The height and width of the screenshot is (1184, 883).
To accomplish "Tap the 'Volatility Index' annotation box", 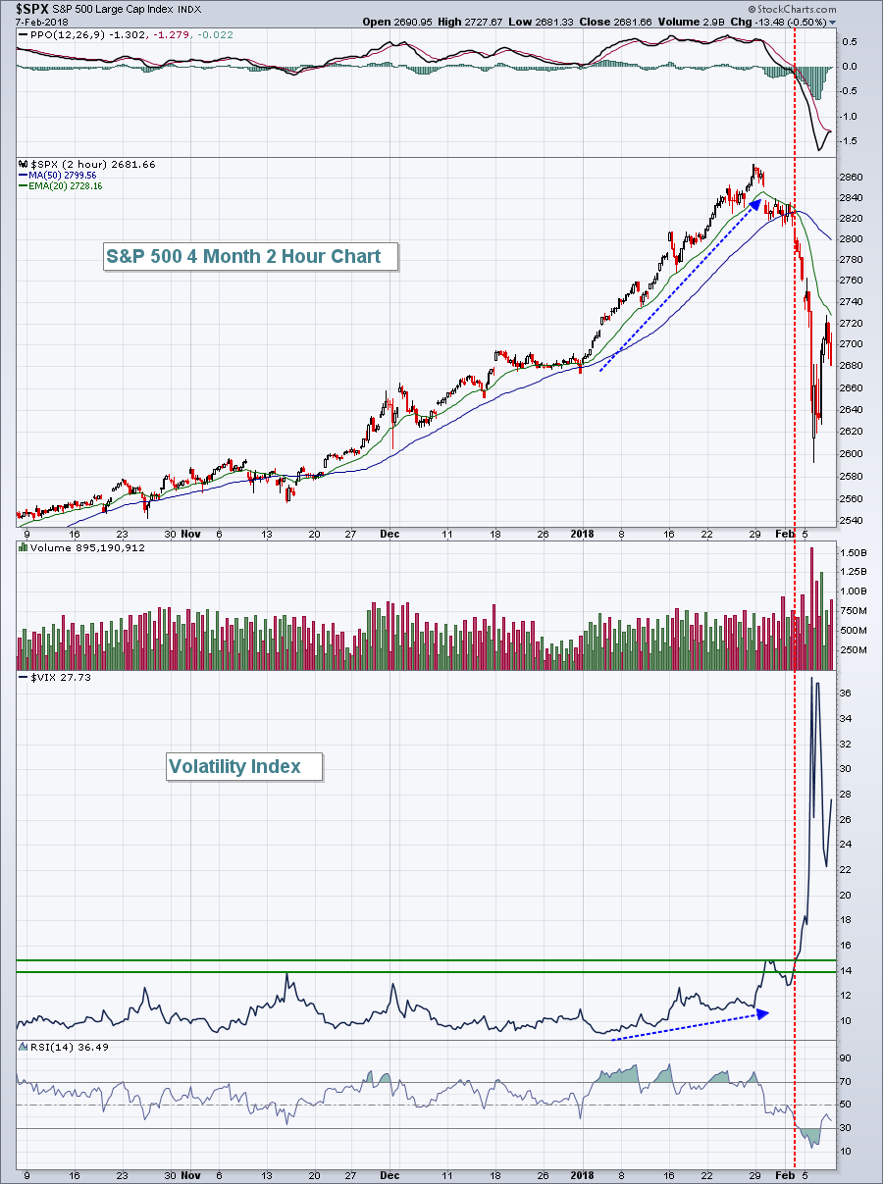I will (234, 766).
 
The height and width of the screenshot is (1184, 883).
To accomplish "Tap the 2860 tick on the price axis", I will (852, 178).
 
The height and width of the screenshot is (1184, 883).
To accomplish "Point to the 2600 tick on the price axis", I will (852, 454).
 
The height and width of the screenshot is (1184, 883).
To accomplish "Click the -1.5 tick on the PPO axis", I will (848, 141).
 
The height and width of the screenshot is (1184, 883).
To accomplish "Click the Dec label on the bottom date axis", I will (390, 1175).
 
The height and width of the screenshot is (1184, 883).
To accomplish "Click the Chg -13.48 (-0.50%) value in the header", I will (779, 21).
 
